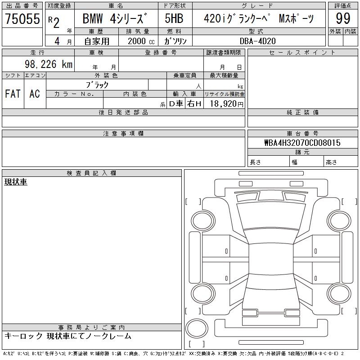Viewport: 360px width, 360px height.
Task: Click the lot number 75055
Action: click(x=22, y=18)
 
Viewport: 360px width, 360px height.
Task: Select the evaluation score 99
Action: click(x=343, y=18)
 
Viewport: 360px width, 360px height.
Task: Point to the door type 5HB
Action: click(x=174, y=18)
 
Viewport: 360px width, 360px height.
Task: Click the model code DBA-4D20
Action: click(x=257, y=41)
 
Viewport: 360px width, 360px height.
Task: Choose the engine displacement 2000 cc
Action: click(x=141, y=41)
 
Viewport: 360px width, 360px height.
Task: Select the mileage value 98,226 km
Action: click(x=49, y=64)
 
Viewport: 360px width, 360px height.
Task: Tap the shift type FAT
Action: click(x=13, y=94)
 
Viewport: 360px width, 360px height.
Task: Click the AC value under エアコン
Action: click(x=35, y=94)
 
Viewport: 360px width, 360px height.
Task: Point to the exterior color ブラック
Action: click(x=97, y=85)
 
